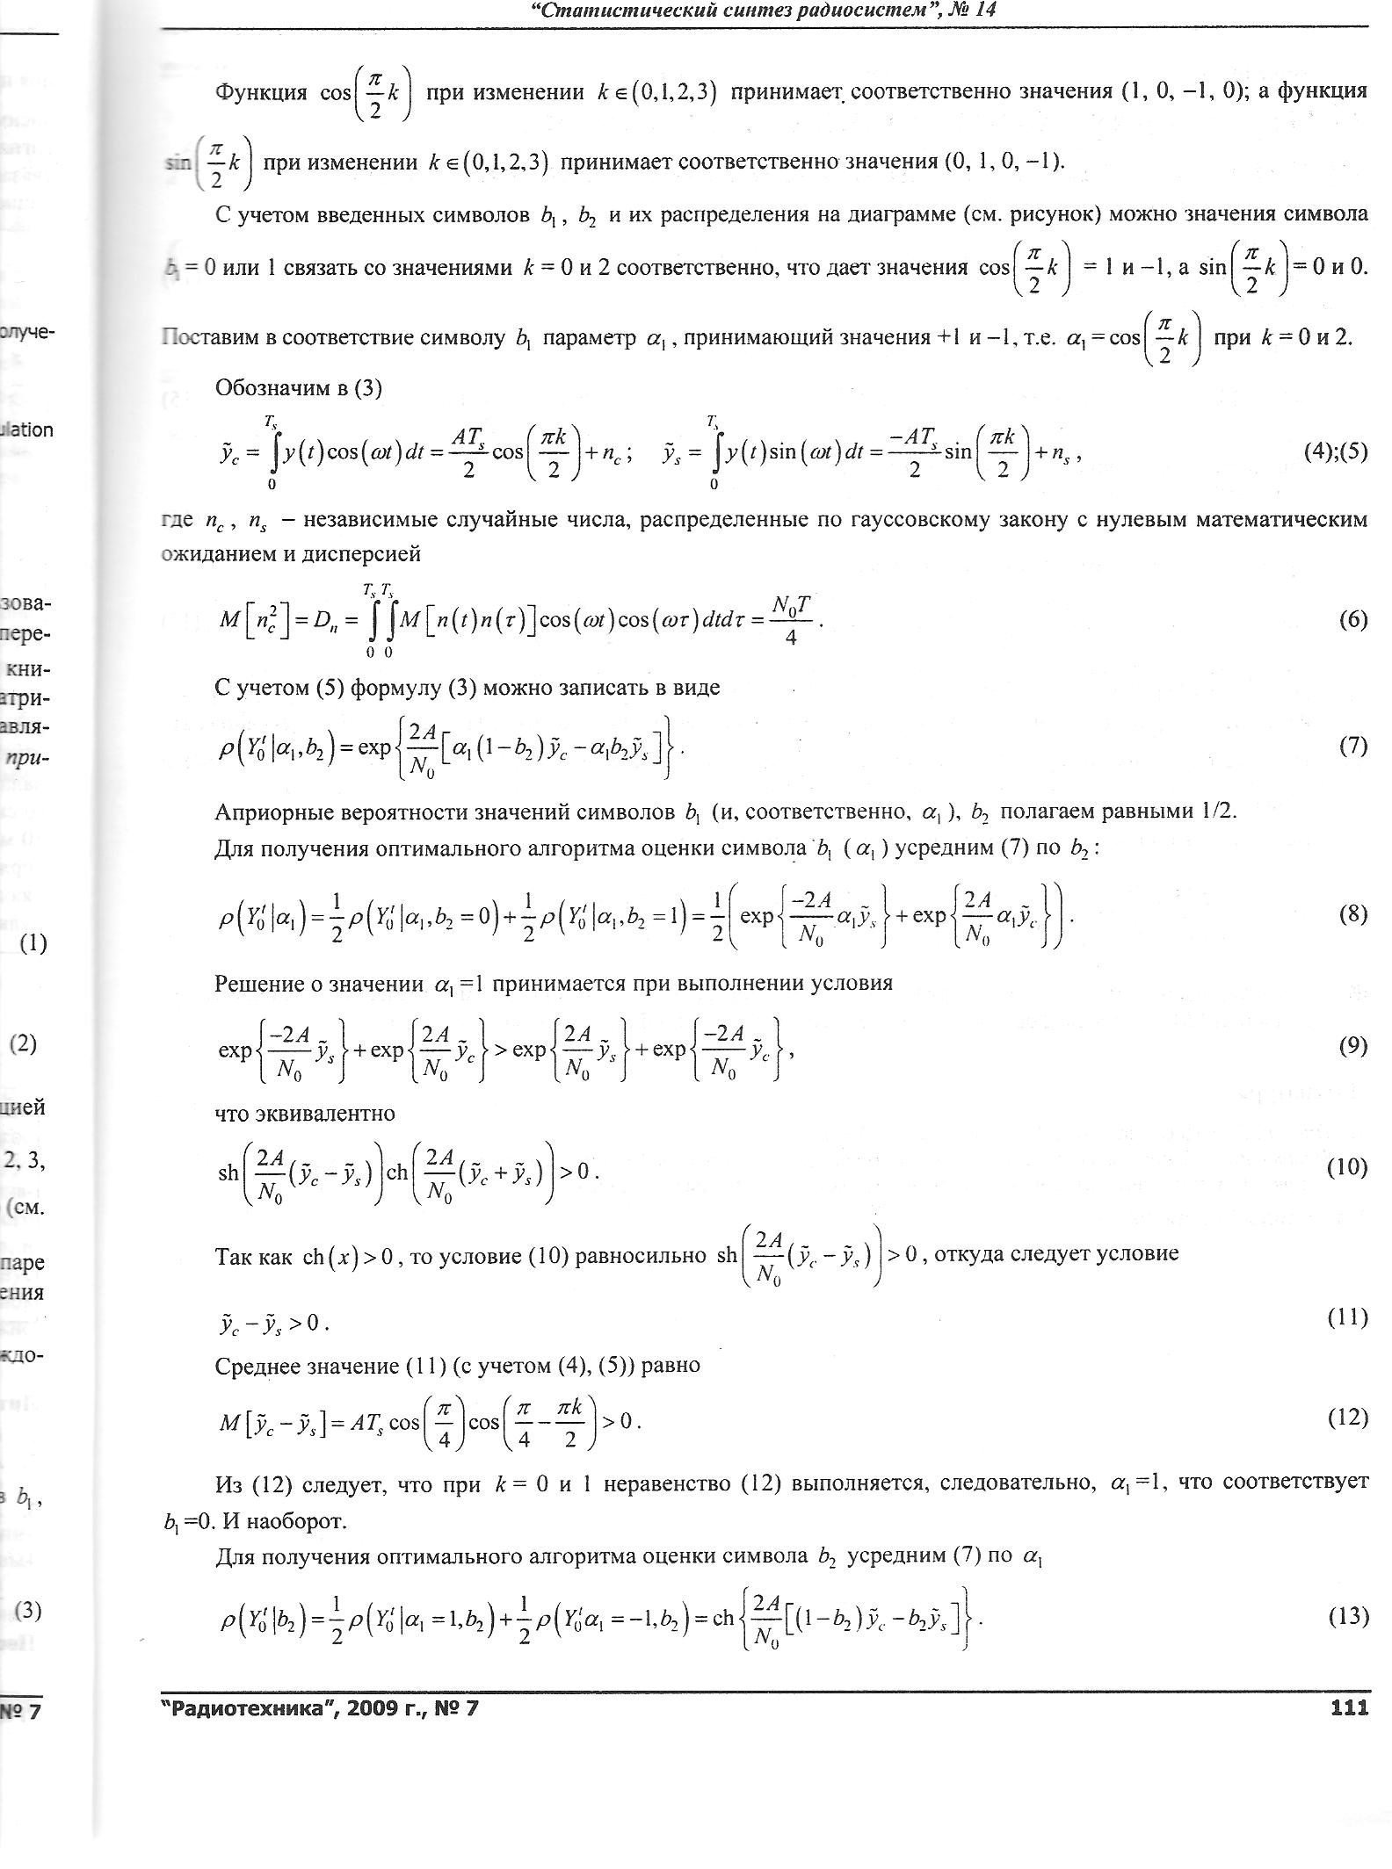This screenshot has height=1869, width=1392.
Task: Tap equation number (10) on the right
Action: tap(1347, 1166)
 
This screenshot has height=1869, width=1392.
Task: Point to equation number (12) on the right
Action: tap(1347, 1417)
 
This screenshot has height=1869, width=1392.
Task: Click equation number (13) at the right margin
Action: tap(1347, 1616)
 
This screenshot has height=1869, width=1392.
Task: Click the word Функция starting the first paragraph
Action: tap(261, 91)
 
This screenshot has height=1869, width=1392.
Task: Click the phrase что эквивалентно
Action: tap(304, 1114)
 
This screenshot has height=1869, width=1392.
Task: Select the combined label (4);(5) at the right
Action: tap(1336, 451)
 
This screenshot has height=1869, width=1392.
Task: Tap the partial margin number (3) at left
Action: tap(28, 1610)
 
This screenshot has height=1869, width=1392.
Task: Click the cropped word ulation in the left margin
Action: tap(28, 429)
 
